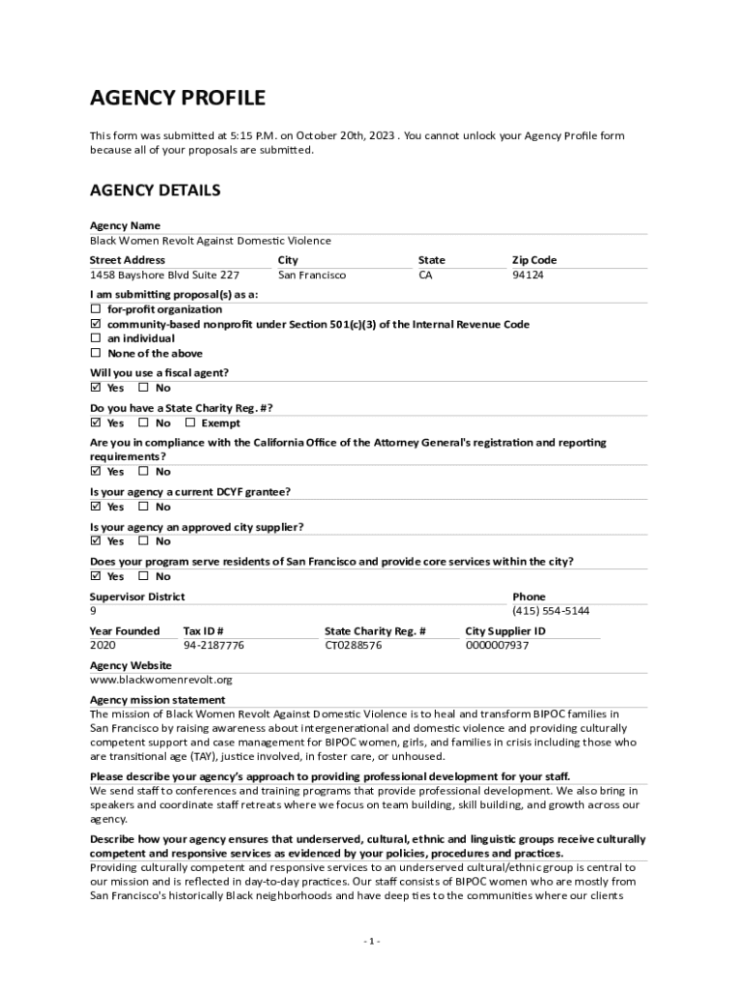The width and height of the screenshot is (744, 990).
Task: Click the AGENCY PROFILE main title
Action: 178,98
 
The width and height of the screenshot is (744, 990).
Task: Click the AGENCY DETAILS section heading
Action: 155,190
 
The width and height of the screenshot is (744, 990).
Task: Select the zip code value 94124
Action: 528,276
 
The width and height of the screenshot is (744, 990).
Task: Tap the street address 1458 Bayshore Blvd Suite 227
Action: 164,276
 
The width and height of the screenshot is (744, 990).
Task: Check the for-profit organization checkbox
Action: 96,309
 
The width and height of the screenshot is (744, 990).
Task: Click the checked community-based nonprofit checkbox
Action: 96,324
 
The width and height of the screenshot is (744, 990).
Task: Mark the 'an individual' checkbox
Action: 96,338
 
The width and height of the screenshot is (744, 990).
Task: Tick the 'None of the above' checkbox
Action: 96,354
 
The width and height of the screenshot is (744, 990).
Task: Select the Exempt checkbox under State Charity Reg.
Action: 190,423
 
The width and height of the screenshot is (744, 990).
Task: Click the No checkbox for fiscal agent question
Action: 144,389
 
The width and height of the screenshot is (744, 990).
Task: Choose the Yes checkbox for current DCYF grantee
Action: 96,507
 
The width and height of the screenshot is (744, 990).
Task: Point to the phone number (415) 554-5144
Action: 551,612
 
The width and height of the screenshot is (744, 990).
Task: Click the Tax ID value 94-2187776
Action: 214,646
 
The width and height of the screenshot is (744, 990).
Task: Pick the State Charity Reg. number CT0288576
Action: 353,646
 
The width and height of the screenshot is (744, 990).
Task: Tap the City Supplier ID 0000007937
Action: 497,646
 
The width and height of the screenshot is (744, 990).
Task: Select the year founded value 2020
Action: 102,646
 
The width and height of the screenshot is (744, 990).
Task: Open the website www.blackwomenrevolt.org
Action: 161,680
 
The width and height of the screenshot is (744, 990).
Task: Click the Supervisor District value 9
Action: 93,612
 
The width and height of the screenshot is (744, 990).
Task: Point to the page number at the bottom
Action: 372,942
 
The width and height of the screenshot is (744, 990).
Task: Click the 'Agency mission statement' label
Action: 157,700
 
